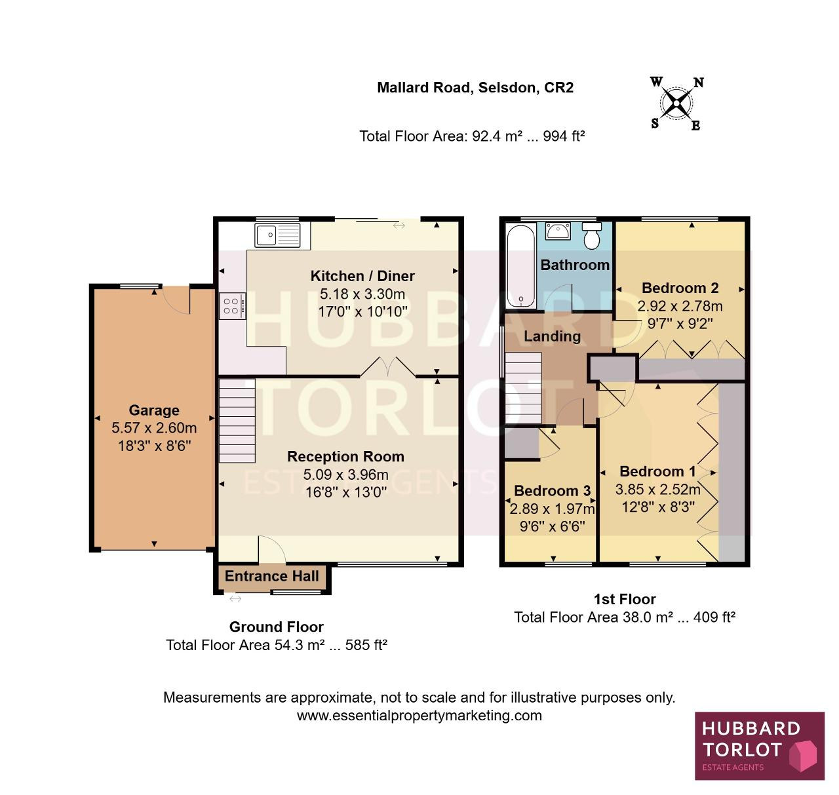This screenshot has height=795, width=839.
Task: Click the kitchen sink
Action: click(x=277, y=235)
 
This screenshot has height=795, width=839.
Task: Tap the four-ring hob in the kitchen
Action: click(x=232, y=306)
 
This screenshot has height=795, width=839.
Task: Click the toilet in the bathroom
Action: click(x=592, y=235)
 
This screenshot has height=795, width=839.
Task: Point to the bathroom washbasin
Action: click(x=558, y=231)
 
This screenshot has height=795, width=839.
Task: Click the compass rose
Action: click(x=677, y=104)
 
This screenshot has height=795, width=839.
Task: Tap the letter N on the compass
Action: click(x=698, y=83)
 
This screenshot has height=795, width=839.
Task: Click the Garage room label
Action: click(x=154, y=410)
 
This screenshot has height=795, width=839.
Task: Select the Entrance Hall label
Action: click(x=272, y=576)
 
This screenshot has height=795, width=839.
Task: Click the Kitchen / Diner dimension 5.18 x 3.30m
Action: click(x=362, y=294)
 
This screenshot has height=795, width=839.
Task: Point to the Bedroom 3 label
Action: click(x=552, y=491)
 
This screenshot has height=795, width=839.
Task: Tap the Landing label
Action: click(x=552, y=336)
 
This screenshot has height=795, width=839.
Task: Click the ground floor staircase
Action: click(x=237, y=420)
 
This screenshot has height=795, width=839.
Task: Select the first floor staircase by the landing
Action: click(x=523, y=388)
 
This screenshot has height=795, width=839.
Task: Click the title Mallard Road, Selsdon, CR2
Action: click(x=475, y=87)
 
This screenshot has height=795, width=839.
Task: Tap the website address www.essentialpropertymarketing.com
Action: click(x=419, y=716)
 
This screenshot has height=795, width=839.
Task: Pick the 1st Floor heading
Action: click(x=625, y=599)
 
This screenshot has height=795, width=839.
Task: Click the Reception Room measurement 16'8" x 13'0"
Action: click(x=345, y=492)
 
